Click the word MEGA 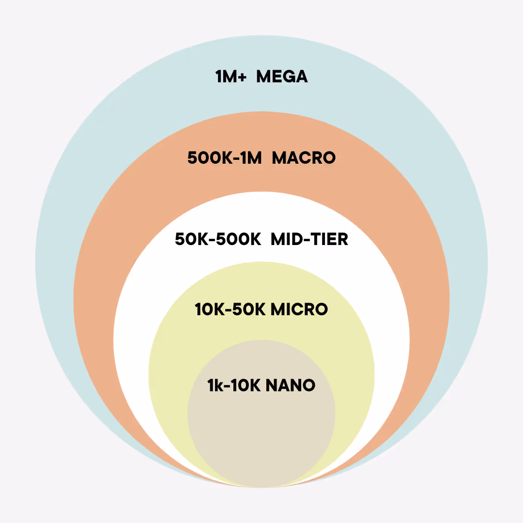pos(282,77)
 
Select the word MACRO pos(304,158)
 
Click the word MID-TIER pos(309,239)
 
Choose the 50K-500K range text pos(218,239)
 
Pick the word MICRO pos(299,309)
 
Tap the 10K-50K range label pos(230,309)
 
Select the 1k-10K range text pos(234,385)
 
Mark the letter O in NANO pos(309,385)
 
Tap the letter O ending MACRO pos(329,158)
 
